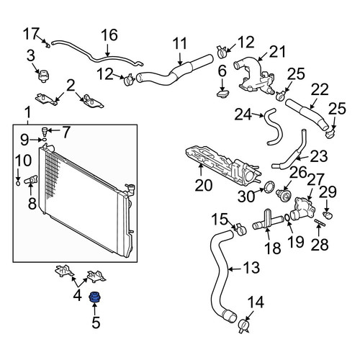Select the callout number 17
pyautogui.click(x=31, y=34)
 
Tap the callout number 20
pyautogui.click(x=204, y=185)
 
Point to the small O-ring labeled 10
pyautogui.click(x=18, y=184)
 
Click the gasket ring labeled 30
pyautogui.click(x=269, y=186)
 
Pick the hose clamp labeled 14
pyautogui.click(x=243, y=326)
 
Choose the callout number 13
pyautogui.click(x=251, y=267)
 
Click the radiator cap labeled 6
pyautogui.click(x=222, y=93)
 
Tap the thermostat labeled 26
pyautogui.click(x=284, y=194)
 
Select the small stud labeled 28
pyautogui.click(x=320, y=222)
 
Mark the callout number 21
pyautogui.click(x=278, y=52)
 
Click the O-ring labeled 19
pyautogui.click(x=287, y=217)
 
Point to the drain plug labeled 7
pyautogui.click(x=45, y=130)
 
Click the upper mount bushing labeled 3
pyautogui.click(x=43, y=76)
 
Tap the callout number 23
pyautogui.click(x=318, y=156)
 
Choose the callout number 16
pyautogui.click(x=109, y=35)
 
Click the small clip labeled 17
pyautogui.click(x=48, y=45)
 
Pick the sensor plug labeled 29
pyautogui.click(x=328, y=215)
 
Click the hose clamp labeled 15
pyautogui.click(x=240, y=230)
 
